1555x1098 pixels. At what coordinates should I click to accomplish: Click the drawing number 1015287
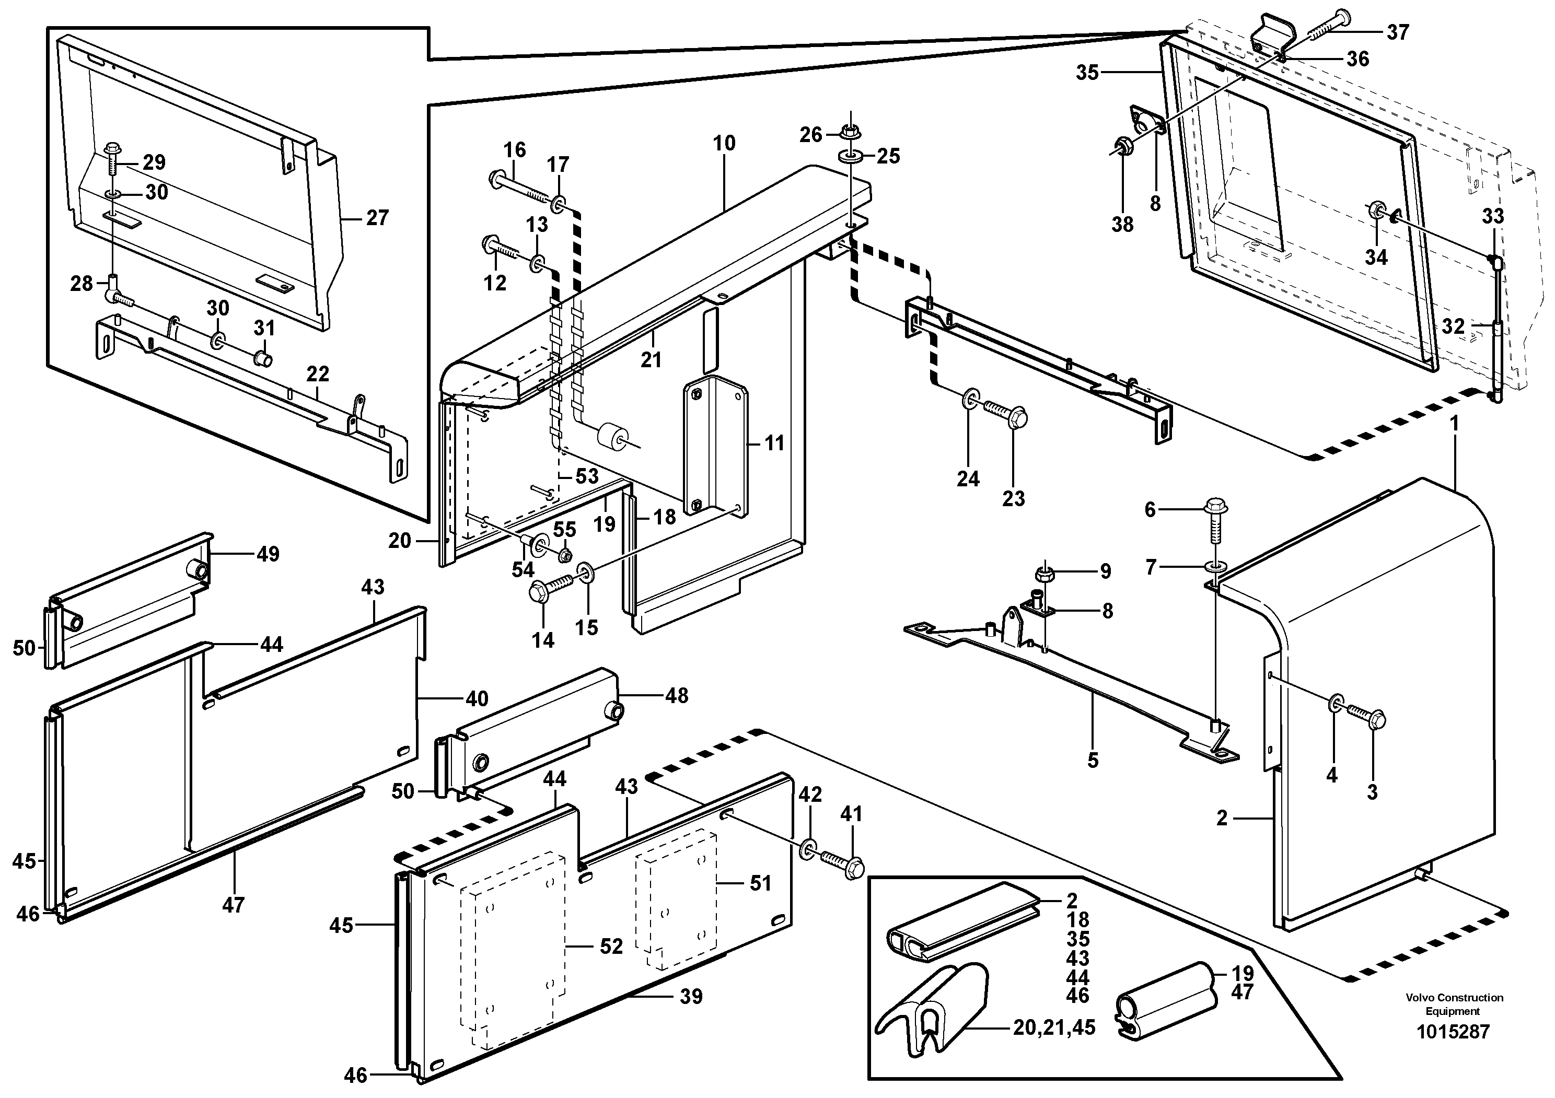pyautogui.click(x=1453, y=1032)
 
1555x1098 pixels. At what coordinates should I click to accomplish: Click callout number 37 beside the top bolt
pyautogui.click(x=1398, y=32)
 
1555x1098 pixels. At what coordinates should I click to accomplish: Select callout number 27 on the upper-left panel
pyautogui.click(x=377, y=217)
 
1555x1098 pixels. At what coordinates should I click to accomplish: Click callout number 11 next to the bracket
pyautogui.click(x=774, y=443)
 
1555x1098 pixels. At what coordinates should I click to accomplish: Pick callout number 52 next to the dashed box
pyautogui.click(x=611, y=947)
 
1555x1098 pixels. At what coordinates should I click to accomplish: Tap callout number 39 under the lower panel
pyautogui.click(x=691, y=997)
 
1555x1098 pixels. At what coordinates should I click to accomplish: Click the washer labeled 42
pyautogui.click(x=807, y=848)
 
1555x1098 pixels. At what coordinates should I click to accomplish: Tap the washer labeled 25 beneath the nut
pyautogui.click(x=849, y=157)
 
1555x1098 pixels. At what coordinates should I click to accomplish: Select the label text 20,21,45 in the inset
pyautogui.click(x=1054, y=1027)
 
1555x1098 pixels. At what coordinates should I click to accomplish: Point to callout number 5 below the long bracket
pyautogui.click(x=1093, y=760)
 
